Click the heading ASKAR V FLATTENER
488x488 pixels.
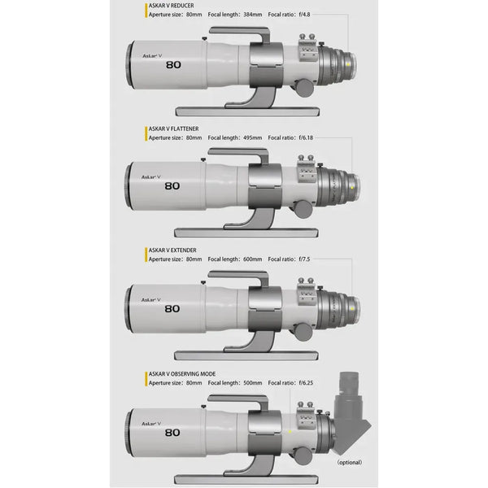(174, 129)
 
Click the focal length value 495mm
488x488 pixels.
(252, 137)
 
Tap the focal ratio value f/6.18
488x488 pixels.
(313, 137)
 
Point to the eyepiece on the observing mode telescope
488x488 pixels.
(355, 391)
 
